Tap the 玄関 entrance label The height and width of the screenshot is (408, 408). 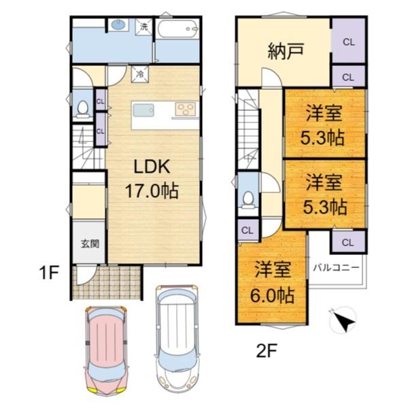coord(90,243)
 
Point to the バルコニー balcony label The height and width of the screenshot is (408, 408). coord(336,267)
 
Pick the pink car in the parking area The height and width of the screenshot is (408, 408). coord(107,352)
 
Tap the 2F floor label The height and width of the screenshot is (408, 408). coord(267,351)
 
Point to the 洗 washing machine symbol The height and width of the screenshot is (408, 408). coord(143,27)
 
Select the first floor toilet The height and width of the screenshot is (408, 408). coord(84,109)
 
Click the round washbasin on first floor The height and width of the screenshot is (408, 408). coord(119,26)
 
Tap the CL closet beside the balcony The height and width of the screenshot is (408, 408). coord(347,242)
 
